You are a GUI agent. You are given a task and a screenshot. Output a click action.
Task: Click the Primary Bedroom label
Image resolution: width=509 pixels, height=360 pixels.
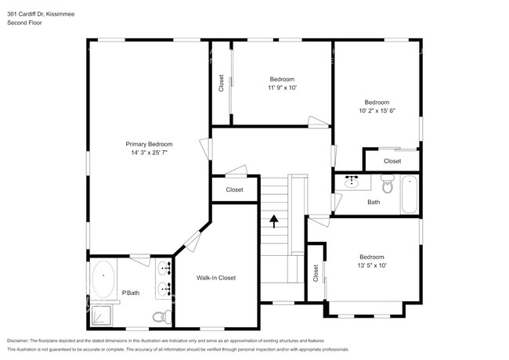149,144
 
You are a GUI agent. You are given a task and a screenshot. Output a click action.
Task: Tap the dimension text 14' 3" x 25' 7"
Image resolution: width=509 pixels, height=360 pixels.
149,153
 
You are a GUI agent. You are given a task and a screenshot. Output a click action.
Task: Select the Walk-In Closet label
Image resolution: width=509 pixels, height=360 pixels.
215,278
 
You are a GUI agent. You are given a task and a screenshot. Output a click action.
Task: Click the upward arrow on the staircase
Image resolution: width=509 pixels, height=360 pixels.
274,221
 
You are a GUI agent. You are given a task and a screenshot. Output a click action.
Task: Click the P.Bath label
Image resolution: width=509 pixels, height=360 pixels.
131,293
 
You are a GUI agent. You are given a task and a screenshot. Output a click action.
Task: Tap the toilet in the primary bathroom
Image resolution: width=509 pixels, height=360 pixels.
159,315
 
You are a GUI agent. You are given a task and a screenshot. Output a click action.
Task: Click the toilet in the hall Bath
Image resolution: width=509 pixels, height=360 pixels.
386,185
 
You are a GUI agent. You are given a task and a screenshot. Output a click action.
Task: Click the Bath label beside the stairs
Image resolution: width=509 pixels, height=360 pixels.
374,203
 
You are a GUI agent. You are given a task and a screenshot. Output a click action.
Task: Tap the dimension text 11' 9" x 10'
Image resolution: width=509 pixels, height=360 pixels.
282,88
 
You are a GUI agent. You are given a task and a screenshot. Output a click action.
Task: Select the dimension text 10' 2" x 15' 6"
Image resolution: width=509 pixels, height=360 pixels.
376,111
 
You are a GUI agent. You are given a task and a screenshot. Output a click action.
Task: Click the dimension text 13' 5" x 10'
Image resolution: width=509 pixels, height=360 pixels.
371,266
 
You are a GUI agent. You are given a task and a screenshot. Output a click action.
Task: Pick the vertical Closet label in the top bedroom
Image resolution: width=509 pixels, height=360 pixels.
221,83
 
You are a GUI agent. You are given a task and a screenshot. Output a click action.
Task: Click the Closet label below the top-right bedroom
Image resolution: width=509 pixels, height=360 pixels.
392,161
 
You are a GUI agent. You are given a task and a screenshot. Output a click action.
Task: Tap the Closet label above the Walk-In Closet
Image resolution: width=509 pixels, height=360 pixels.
234,189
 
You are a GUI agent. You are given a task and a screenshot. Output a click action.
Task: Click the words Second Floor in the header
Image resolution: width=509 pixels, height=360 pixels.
24,23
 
